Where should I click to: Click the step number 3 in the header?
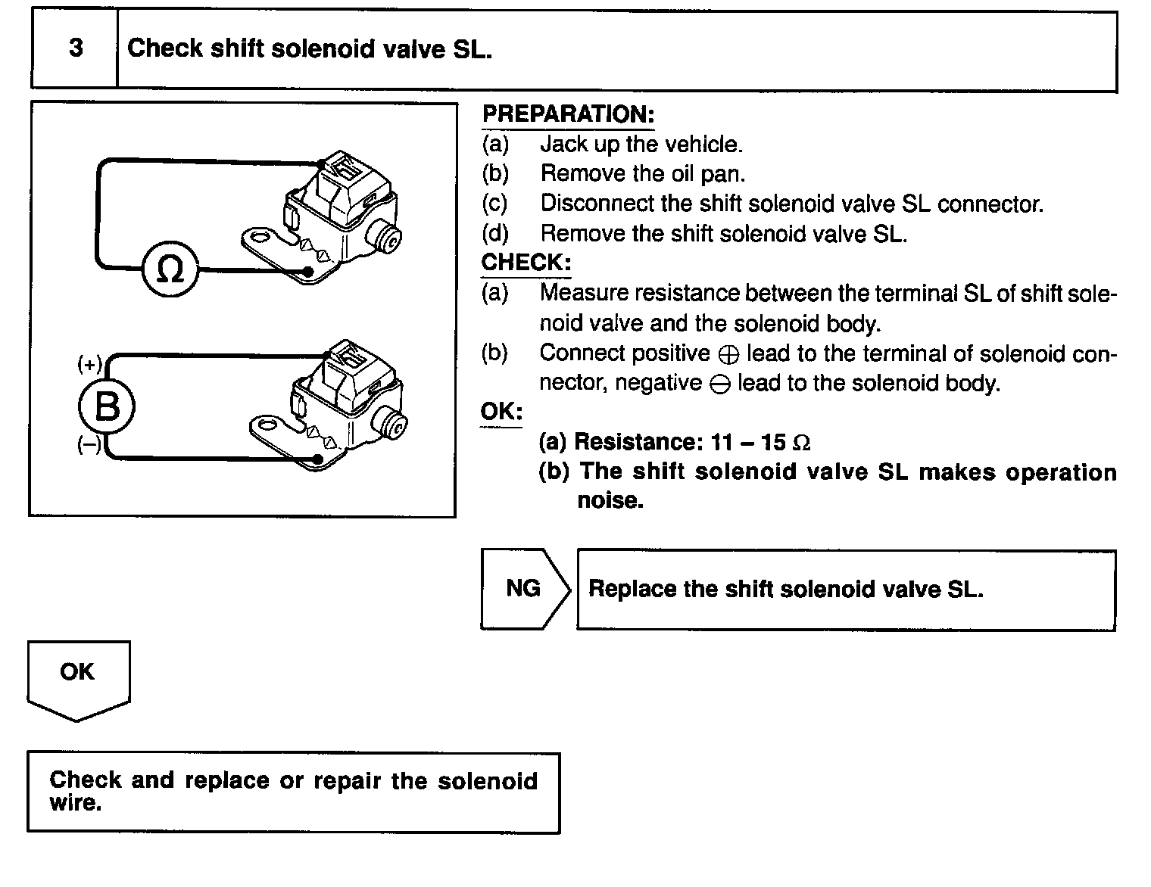76,48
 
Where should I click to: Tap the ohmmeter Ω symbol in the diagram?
170,270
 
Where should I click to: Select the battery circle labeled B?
107,407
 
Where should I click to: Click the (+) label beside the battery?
89,364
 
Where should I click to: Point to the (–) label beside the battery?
89,445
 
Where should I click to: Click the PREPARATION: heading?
568,115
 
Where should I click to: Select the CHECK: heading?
526,263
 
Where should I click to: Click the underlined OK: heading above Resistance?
501,412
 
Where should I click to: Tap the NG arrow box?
524,589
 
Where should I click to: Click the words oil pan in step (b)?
708,174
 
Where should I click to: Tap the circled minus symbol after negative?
720,385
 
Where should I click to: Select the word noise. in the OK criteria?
610,501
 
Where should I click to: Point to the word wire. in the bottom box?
76,803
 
